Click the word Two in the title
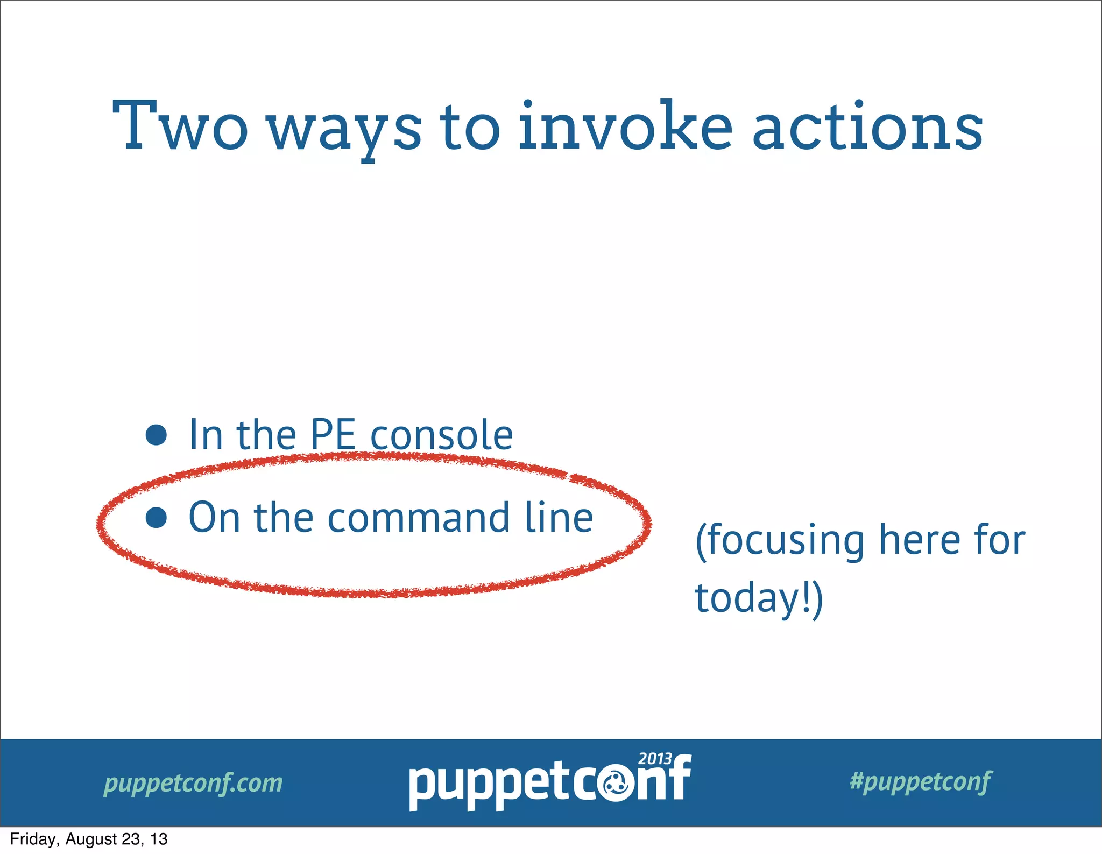(x=180, y=126)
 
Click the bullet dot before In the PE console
(x=156, y=435)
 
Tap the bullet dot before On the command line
(x=156, y=518)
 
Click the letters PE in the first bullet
(x=333, y=435)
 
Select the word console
(x=441, y=435)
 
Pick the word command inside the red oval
(x=419, y=518)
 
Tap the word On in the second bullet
(x=214, y=518)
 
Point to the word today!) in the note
(x=759, y=598)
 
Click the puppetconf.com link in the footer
(x=193, y=783)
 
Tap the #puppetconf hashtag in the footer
(x=920, y=781)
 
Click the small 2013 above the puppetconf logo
(x=655, y=759)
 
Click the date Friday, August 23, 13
(x=89, y=839)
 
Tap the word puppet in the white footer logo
(x=490, y=786)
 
